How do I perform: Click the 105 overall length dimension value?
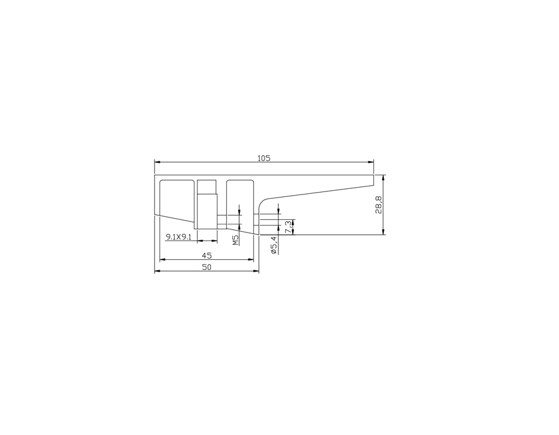tap(264, 158)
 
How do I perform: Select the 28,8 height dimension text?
tap(378, 205)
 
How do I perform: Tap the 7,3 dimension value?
tap(288, 227)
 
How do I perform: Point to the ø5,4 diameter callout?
tap(274, 245)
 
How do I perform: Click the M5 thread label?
tap(235, 240)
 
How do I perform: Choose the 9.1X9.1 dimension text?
tap(179, 236)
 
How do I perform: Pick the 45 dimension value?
tap(207, 255)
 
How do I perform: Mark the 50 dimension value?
tap(207, 267)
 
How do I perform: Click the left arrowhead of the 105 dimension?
tap(157, 162)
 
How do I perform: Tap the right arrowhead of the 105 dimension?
tap(371, 162)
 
